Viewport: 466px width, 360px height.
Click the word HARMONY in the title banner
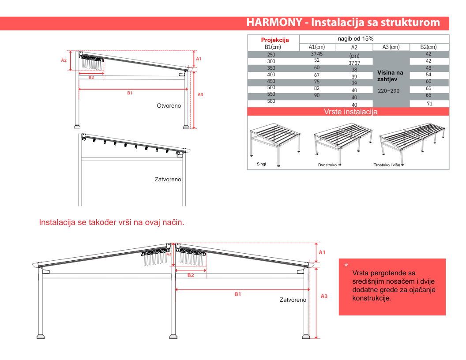click(274, 22)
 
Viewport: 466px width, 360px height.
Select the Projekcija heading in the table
click(275, 40)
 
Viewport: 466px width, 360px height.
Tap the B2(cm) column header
click(428, 47)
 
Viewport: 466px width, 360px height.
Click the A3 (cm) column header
click(391, 47)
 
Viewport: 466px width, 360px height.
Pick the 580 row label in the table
click(271, 101)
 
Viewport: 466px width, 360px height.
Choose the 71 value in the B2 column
click(429, 104)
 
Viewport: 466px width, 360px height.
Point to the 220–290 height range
click(388, 91)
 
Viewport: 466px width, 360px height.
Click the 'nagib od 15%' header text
click(355, 39)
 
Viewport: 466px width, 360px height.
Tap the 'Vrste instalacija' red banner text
click(351, 112)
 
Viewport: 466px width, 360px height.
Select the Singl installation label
click(261, 164)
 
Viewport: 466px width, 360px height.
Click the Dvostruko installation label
click(327, 165)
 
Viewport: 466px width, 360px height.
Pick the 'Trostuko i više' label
click(387, 165)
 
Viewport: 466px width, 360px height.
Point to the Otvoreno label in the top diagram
click(169, 106)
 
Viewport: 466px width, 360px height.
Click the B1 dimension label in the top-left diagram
click(130, 93)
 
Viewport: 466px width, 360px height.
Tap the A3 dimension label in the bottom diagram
click(324, 296)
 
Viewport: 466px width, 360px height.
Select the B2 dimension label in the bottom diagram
click(191, 275)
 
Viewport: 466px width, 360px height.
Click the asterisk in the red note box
click(346, 265)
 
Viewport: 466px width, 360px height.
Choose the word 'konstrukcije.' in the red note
click(372, 298)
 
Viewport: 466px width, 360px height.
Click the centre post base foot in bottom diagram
click(173, 337)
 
